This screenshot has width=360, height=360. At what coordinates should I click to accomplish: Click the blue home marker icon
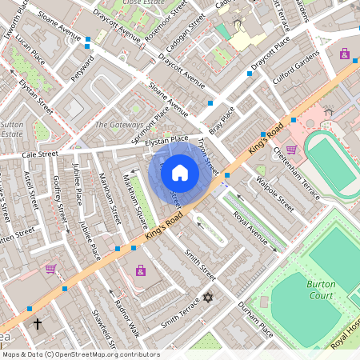point(180,173)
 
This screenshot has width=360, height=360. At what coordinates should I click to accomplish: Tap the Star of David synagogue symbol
point(210,298)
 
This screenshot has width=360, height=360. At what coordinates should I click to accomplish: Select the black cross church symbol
point(38,324)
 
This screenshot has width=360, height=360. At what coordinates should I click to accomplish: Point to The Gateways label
point(118,125)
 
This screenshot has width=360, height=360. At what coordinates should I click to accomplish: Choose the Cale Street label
point(41,154)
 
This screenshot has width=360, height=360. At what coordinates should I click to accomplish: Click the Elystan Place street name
point(167,139)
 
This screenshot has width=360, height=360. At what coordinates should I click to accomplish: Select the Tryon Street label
point(206,154)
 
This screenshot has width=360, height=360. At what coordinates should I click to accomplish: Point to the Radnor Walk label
point(126,319)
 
